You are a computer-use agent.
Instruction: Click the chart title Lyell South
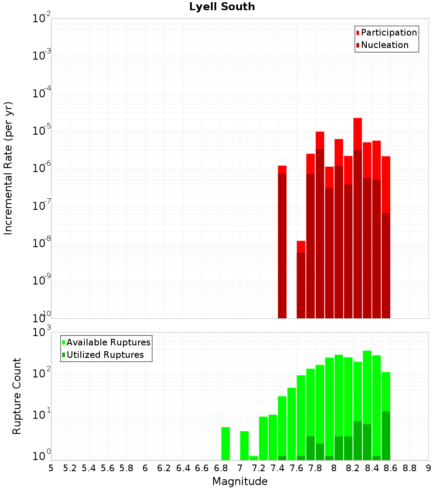pos(222,7)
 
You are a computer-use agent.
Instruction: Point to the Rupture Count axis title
pos(17,396)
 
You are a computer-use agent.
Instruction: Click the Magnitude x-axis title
pos(240,481)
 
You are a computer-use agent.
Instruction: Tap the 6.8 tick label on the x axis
pos(221,468)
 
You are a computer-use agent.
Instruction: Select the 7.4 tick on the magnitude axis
pos(277,468)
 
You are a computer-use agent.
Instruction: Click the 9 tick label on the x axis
pos(428,468)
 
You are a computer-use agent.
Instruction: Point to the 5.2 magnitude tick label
pos(70,468)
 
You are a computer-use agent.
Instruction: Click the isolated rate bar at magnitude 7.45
pos(282,244)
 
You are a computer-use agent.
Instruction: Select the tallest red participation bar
pos(358,133)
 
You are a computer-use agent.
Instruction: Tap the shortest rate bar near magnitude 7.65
pos(301,285)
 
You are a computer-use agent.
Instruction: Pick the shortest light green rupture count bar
pos(254,458)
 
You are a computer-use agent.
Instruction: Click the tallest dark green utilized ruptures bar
pos(386,436)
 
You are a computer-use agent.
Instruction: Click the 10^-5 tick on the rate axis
pos(42,131)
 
